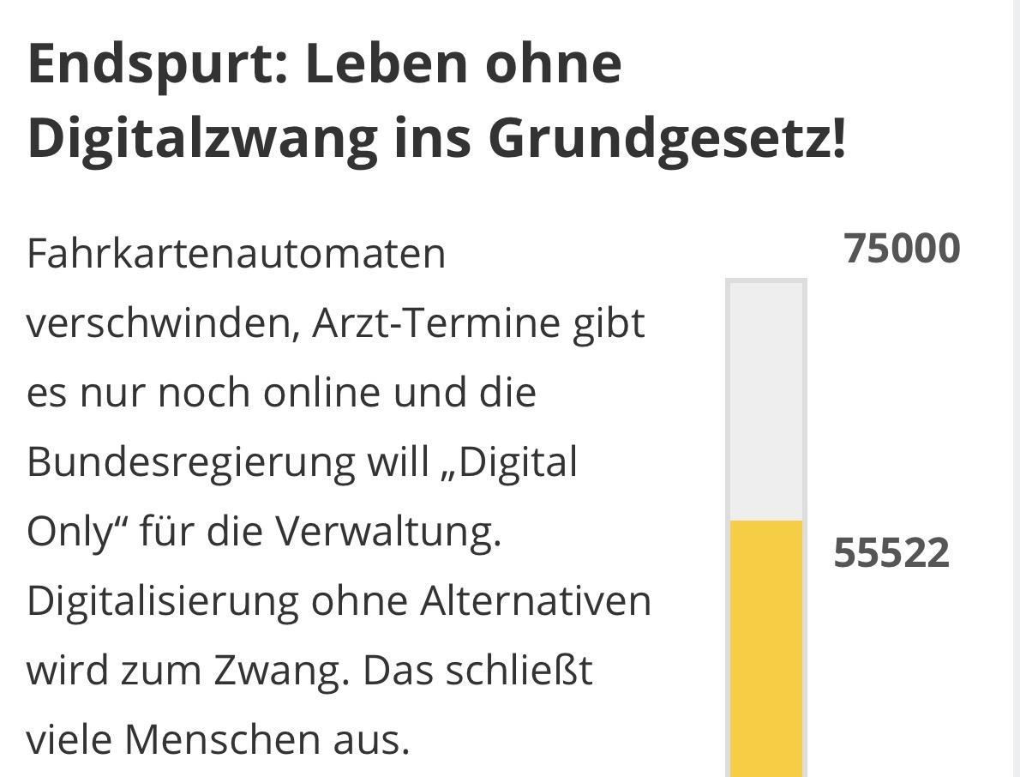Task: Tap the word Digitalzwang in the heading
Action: [x=202, y=137]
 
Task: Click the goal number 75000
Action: [x=902, y=249]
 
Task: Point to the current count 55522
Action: [x=891, y=553]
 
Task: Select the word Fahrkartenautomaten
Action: [x=237, y=254]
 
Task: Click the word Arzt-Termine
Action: [x=435, y=324]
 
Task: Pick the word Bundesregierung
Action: [x=190, y=463]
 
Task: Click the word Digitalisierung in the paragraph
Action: [x=162, y=600]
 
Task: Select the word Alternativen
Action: [x=536, y=600]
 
